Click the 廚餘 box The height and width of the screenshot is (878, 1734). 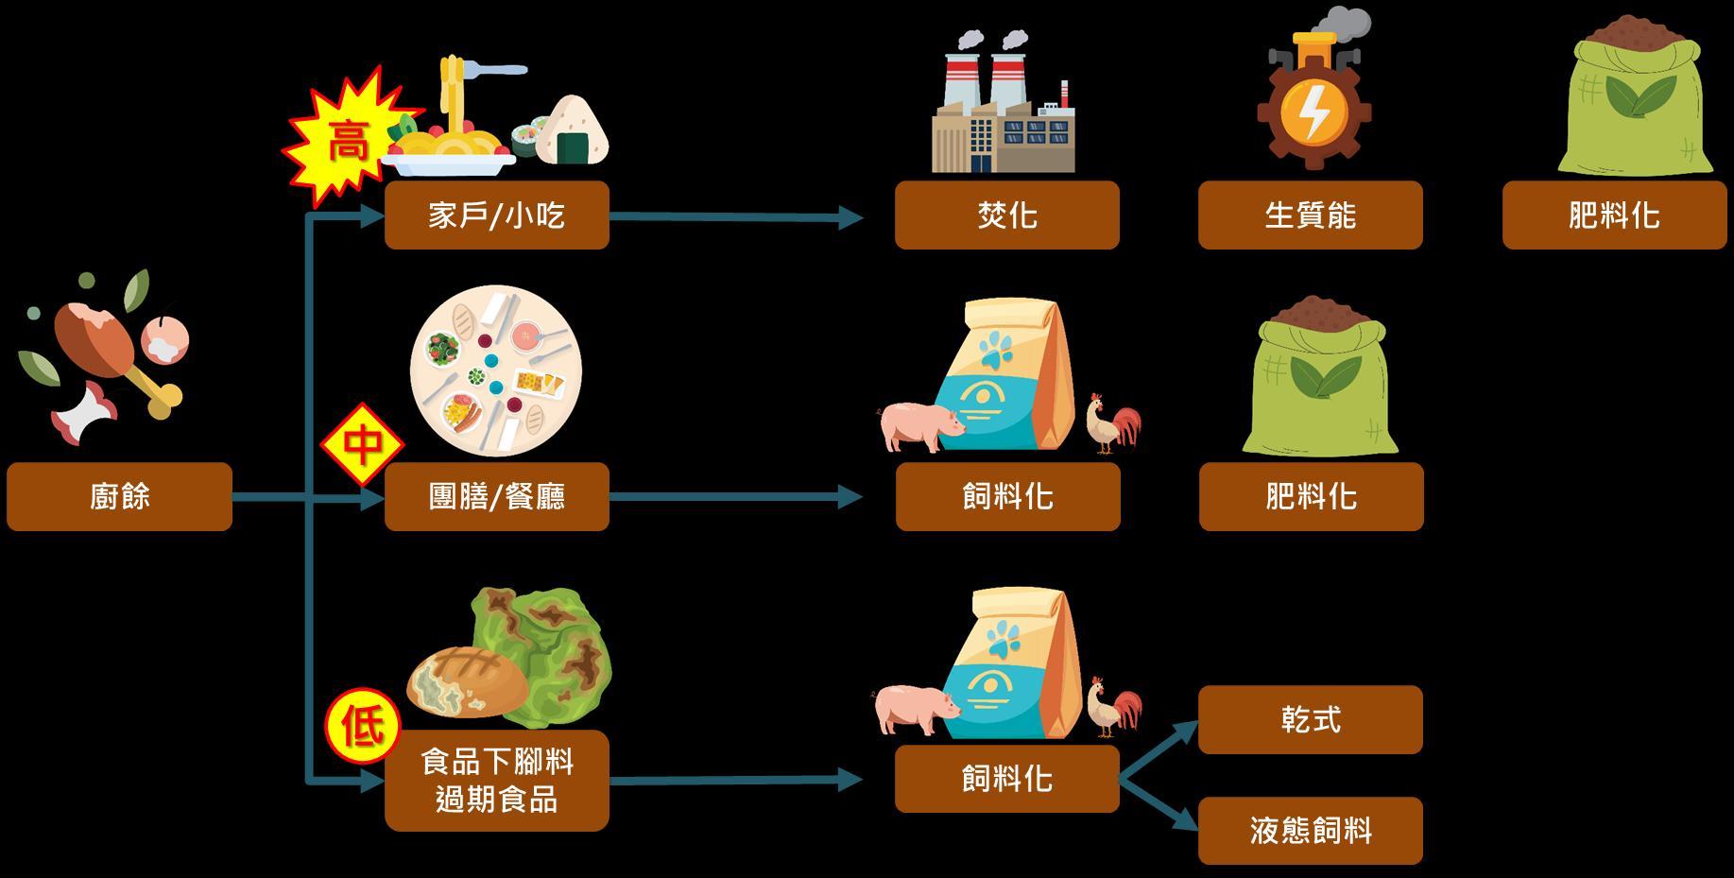[119, 496]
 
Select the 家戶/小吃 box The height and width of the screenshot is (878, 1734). [496, 215]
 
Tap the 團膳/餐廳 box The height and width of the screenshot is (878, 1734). [496, 496]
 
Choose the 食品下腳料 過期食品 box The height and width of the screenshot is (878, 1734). [496, 781]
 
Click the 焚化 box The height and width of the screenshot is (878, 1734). [1006, 215]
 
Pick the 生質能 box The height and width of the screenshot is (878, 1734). [1310, 215]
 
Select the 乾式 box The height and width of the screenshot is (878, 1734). [1310, 719]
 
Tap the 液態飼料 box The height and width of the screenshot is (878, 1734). [1310, 831]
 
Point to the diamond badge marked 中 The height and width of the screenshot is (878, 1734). [362, 444]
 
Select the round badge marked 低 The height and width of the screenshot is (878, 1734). [363, 729]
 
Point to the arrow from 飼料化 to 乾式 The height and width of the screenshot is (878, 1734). [1159, 750]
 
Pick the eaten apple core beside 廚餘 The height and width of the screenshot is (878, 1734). [86, 414]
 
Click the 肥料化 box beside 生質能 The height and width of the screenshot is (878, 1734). [1614, 215]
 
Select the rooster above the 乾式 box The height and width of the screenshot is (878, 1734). [1113, 705]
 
